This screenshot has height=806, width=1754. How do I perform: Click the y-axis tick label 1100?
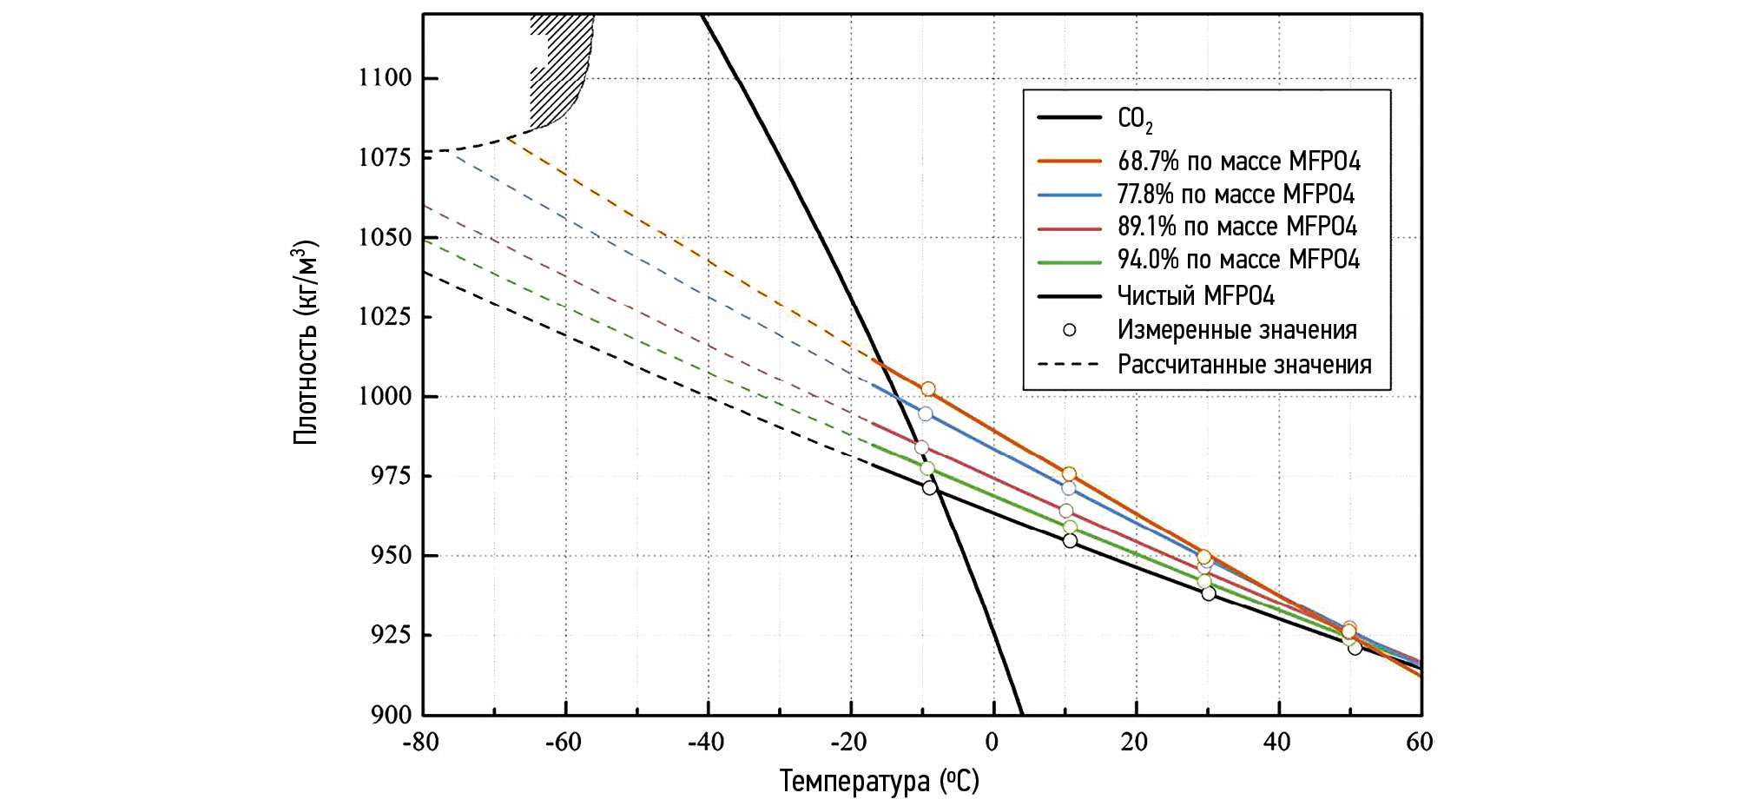click(x=385, y=78)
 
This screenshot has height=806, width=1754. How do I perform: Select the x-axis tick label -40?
click(x=705, y=743)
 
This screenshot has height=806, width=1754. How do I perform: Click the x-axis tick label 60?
click(x=1420, y=743)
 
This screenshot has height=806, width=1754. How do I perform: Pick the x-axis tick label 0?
click(x=992, y=743)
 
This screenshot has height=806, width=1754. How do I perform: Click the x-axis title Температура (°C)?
click(x=879, y=781)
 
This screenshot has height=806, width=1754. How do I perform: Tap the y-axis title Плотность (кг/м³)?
click(x=306, y=342)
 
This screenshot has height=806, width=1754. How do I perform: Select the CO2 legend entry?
click(x=1134, y=119)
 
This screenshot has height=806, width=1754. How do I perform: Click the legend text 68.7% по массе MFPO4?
click(x=1238, y=162)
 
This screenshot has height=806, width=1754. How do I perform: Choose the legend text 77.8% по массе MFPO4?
click(x=1235, y=195)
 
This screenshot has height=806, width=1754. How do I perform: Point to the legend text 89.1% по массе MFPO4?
click(x=1236, y=227)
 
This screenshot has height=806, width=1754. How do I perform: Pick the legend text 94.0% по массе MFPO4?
click(x=1237, y=260)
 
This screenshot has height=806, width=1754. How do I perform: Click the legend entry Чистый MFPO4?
click(x=1195, y=296)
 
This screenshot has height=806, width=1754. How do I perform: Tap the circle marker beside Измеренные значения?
click(x=1070, y=330)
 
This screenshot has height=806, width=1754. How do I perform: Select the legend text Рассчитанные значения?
click(x=1243, y=365)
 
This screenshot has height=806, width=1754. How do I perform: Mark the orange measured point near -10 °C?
click(x=928, y=389)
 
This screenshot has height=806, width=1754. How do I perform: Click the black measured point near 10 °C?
click(x=1070, y=541)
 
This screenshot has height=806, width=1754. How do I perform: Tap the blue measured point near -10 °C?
click(x=926, y=414)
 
